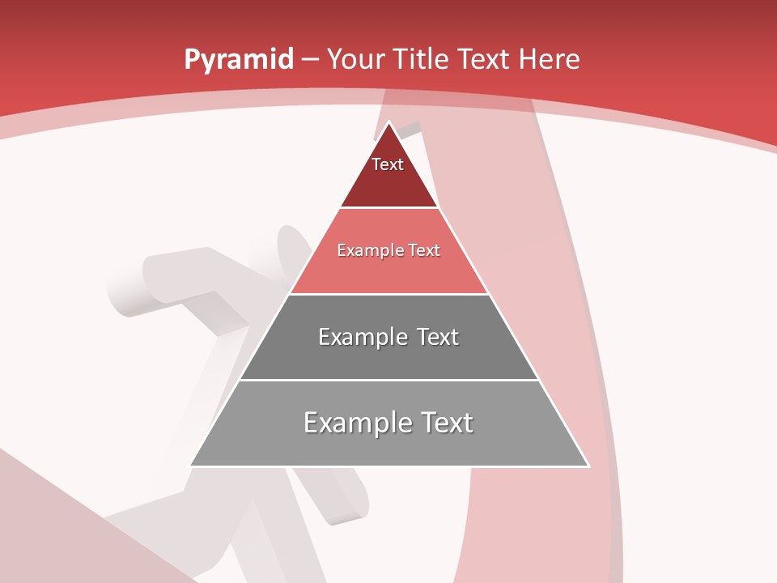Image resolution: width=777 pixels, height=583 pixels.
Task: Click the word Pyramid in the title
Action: click(238, 60)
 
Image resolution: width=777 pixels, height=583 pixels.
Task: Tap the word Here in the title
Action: click(549, 59)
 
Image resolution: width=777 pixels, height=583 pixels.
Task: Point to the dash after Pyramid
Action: click(310, 60)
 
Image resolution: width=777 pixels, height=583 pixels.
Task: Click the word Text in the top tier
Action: click(387, 164)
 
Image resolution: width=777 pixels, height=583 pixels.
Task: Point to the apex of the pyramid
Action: click(389, 122)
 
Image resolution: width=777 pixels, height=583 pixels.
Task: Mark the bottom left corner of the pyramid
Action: click(190, 466)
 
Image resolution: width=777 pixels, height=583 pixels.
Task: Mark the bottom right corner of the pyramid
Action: click(588, 466)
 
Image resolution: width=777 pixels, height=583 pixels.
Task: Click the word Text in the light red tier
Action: click(423, 250)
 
